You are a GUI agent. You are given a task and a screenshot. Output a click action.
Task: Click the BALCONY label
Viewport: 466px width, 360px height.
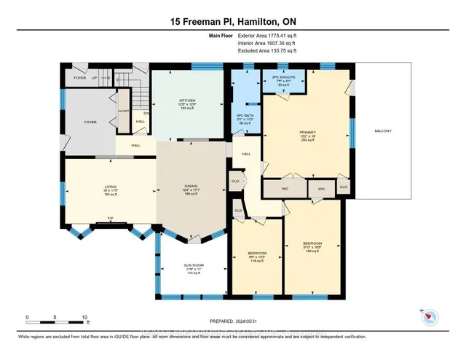pyautogui.click(x=383, y=130)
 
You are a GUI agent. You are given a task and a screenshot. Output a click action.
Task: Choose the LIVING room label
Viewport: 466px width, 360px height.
pyautogui.click(x=110, y=187)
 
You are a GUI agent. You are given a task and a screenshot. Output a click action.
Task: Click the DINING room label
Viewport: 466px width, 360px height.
pyautogui.click(x=192, y=187)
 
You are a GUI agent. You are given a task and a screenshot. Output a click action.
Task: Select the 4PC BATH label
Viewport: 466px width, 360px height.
pyautogui.click(x=243, y=117)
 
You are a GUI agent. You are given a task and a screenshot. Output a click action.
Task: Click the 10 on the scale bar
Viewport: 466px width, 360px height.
pyautogui.click(x=84, y=318)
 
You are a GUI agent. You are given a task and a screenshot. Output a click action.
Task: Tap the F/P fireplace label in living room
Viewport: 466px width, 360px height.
pyautogui.click(x=110, y=218)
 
